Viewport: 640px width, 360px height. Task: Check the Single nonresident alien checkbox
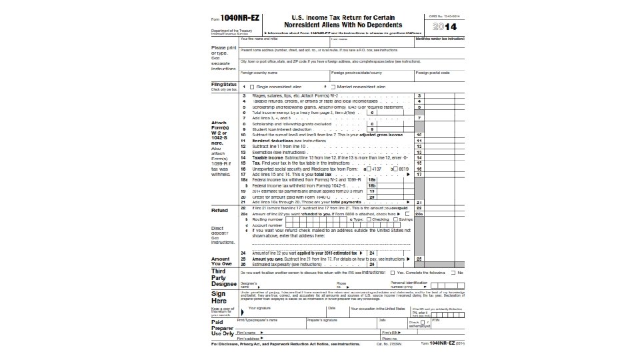click(252, 87)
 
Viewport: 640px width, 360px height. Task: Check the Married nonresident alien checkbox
click(333, 87)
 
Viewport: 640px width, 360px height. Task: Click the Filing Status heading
click(224, 85)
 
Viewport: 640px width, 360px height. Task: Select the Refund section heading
click(221, 210)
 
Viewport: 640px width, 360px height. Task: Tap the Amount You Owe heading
click(221, 261)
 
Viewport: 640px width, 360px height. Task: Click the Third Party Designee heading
click(223, 277)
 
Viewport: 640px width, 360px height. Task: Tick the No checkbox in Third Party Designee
click(454, 273)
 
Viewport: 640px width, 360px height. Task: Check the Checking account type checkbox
click(367, 219)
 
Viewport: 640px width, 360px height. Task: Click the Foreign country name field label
click(259, 73)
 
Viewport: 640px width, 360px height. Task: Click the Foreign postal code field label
click(432, 73)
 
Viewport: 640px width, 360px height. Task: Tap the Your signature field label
click(260, 309)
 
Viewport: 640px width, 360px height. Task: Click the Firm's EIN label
click(391, 332)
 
